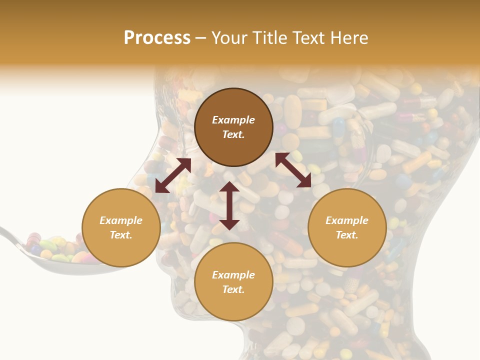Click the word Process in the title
point(157,38)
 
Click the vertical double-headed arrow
point(229,205)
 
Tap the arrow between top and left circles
point(173,175)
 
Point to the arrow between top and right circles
point(293,170)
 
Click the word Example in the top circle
point(233,120)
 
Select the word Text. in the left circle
point(121,235)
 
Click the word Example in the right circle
point(347,220)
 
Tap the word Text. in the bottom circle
point(233,290)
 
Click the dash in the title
point(201,38)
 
